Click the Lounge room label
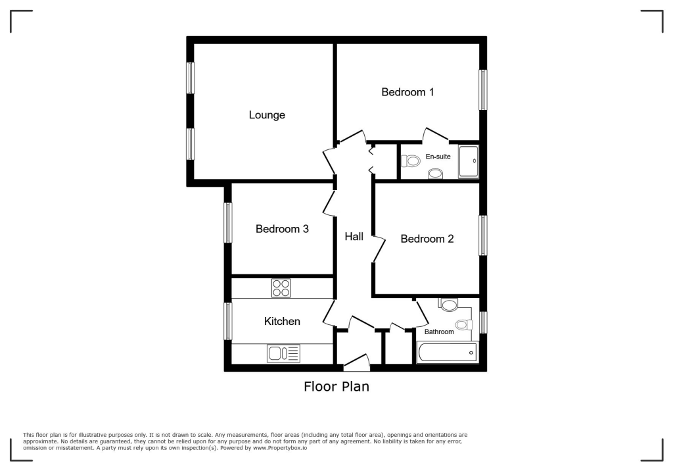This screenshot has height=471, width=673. [x=267, y=115]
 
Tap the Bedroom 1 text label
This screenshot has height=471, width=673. [x=407, y=92]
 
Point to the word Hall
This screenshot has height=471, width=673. [x=354, y=237]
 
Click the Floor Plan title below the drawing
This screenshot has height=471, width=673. [x=336, y=387]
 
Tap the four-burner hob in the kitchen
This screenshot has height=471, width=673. [x=282, y=288]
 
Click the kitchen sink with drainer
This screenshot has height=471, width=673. [x=283, y=354]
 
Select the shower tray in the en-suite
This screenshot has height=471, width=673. [x=469, y=161]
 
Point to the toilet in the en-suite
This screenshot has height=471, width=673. [x=411, y=161]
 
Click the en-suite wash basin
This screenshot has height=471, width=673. [x=435, y=174]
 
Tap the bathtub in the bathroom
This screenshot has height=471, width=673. [x=447, y=353]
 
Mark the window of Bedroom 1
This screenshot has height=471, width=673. [x=483, y=90]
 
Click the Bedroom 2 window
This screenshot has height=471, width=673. [x=483, y=235]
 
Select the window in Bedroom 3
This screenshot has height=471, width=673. [x=228, y=222]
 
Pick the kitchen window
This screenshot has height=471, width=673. [x=228, y=321]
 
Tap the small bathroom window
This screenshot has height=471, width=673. [x=483, y=322]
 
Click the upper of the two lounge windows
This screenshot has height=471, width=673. [x=191, y=78]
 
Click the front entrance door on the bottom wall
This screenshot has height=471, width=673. [x=356, y=361]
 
